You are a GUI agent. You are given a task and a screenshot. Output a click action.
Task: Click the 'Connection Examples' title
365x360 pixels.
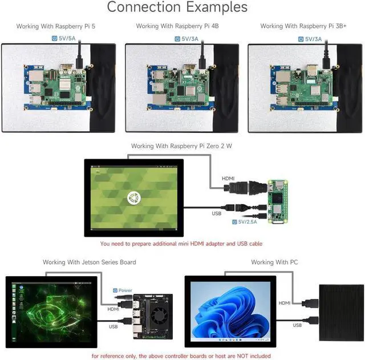177,7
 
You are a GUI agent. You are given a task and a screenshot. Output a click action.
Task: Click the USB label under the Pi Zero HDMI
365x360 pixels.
216,213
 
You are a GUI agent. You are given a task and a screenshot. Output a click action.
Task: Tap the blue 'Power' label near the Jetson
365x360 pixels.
125,290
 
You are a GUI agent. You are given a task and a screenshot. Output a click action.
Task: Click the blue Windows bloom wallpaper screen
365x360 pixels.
230,314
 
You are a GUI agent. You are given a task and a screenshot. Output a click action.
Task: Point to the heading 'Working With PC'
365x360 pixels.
274,262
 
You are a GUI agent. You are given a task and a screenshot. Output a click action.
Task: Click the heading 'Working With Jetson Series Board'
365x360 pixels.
90,262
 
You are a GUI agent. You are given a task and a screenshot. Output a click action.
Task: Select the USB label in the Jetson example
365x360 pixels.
112,327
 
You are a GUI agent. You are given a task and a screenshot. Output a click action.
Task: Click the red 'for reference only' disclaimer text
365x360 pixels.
181,355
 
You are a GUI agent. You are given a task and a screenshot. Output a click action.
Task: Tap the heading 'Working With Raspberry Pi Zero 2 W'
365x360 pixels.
181,147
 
